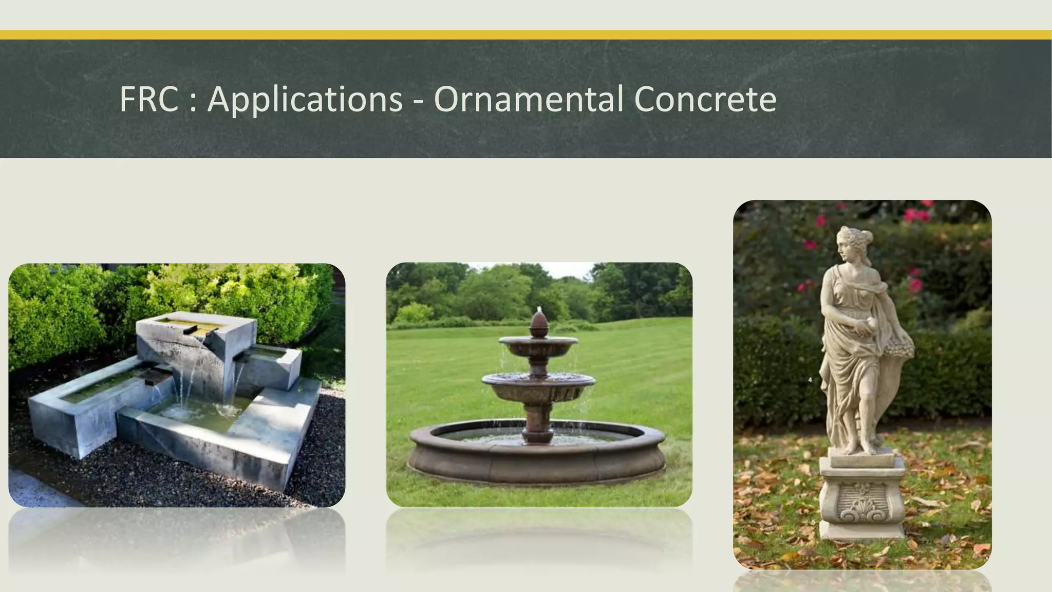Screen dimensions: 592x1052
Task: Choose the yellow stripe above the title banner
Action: (526, 35)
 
